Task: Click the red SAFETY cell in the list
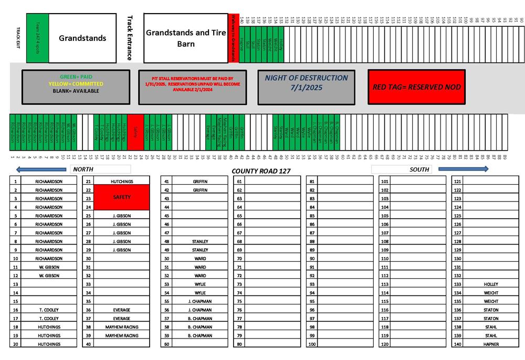[x=122, y=197]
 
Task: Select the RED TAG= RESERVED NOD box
[x=416, y=87]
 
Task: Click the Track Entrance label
[x=130, y=38]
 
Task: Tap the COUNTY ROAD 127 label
[x=261, y=171]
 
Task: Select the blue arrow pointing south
[x=463, y=169]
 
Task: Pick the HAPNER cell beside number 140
[x=491, y=344]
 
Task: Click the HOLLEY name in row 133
[x=491, y=284]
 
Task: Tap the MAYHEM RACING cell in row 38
[x=122, y=327]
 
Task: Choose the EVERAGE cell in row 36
[x=122, y=310]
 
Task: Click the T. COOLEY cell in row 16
[x=49, y=310]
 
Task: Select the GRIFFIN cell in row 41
[x=200, y=182]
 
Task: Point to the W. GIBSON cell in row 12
[x=49, y=276]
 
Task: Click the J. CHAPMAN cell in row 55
[x=200, y=301]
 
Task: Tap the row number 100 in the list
[x=312, y=344]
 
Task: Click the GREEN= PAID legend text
[x=76, y=77]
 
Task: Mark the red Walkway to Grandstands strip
[x=234, y=38]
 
